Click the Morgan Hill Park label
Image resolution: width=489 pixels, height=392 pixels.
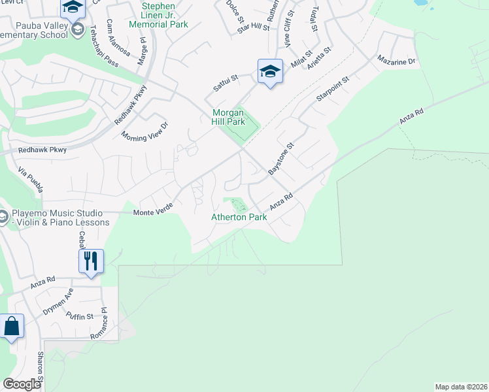click(x=228, y=117)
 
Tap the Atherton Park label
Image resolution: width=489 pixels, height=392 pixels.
click(x=239, y=217)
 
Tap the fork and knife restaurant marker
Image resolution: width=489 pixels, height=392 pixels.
click(x=91, y=261)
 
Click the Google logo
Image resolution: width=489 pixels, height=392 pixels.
click(x=22, y=384)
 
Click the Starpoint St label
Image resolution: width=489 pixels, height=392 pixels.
click(x=333, y=88)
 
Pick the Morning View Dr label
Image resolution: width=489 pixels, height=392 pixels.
click(x=145, y=129)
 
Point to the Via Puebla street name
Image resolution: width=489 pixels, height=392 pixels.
click(x=31, y=180)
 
